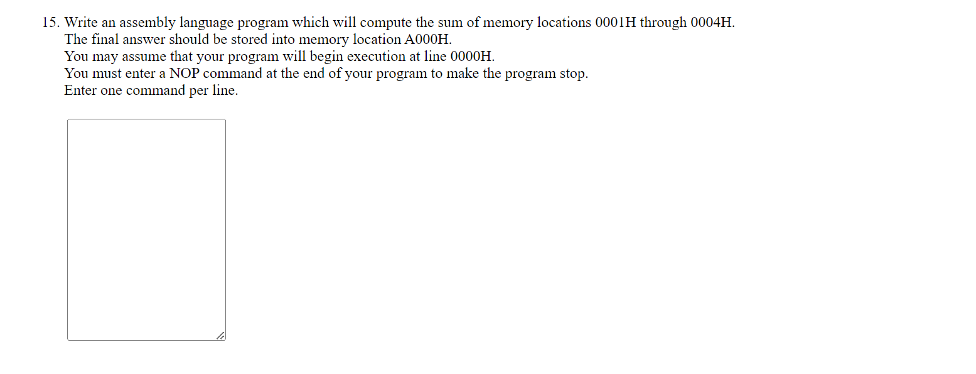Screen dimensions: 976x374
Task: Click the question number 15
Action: (50, 23)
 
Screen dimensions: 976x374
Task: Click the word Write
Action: (80, 23)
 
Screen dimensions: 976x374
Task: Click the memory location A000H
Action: (428, 40)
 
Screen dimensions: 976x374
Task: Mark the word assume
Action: (144, 57)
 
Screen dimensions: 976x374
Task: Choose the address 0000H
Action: (473, 57)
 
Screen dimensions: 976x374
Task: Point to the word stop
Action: (573, 74)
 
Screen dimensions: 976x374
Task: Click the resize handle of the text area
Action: (220, 336)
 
